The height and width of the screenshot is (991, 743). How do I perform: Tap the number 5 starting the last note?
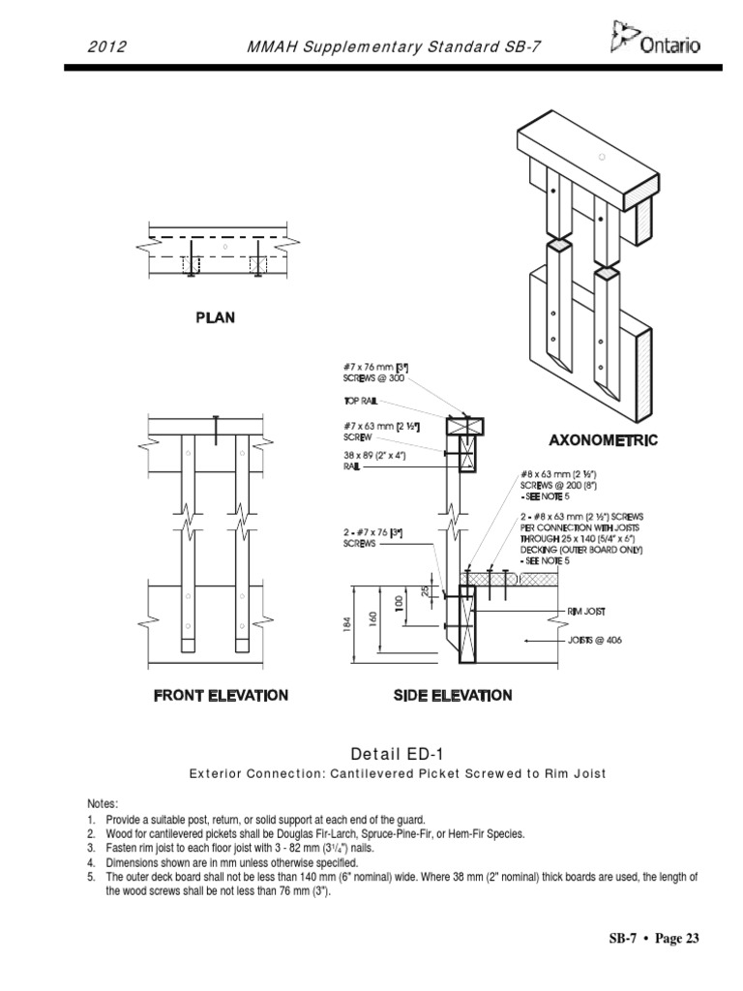[87, 876]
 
